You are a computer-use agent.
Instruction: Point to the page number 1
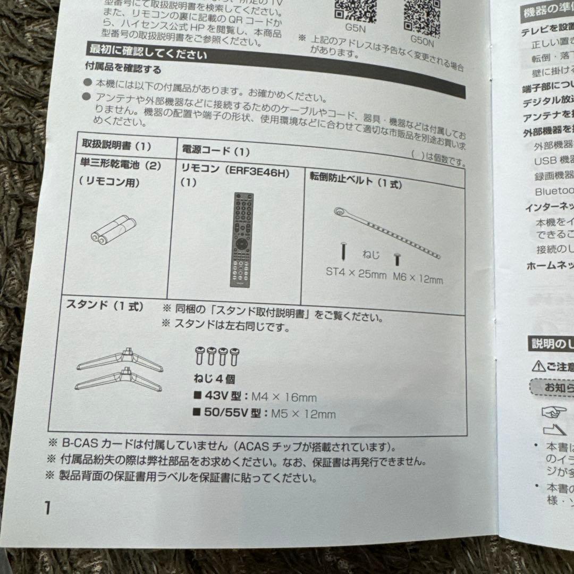[47, 508]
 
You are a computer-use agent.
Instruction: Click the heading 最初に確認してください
[148, 54]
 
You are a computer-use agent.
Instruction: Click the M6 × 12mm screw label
[418, 277]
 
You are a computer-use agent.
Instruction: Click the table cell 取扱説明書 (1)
[116, 145]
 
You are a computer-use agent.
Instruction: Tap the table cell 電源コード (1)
[216, 151]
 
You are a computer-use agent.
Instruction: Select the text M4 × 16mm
[284, 397]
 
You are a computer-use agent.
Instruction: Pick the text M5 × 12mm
[303, 414]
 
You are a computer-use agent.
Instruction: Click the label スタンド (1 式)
[105, 307]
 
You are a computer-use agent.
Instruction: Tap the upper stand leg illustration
[120, 360]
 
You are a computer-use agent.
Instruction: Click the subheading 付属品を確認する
[123, 69]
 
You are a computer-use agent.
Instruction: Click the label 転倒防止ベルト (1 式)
[356, 182]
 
